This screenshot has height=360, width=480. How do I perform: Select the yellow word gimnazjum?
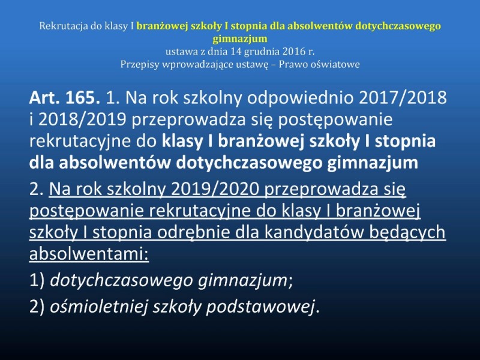pyautogui.click(x=240, y=39)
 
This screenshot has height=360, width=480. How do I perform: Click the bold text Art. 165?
pyautogui.click(x=65, y=98)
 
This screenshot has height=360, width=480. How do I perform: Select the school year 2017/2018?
pyautogui.click(x=402, y=98)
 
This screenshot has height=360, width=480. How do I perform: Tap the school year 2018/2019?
pyautogui.click(x=82, y=119)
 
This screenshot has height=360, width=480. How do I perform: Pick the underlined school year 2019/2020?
pyautogui.click(x=215, y=189)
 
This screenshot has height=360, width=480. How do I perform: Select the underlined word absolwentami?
pyautogui.click(x=89, y=254)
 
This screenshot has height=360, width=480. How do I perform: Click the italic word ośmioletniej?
pyautogui.click(x=98, y=306)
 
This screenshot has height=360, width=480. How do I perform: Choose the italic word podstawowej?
pyautogui.click(x=260, y=307)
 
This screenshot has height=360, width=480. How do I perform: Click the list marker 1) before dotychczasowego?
pyautogui.click(x=37, y=280)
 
